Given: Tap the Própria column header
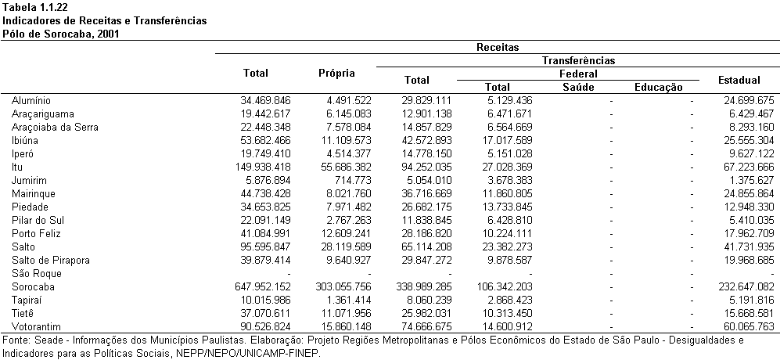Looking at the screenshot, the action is click(x=336, y=74).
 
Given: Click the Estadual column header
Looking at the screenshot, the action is click(x=739, y=80).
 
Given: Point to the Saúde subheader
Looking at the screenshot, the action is click(x=578, y=87).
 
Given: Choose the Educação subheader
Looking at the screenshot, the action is click(x=659, y=87).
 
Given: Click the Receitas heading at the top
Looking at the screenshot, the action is click(x=498, y=47).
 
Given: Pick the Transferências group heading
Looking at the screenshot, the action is click(x=578, y=61).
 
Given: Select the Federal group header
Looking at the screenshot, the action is click(x=578, y=74).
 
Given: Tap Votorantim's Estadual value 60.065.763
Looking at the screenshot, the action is click(x=749, y=326).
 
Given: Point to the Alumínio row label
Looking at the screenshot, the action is click(x=31, y=101).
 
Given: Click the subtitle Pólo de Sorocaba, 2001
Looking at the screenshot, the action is click(x=61, y=34).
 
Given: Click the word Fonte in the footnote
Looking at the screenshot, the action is click(x=14, y=340).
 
